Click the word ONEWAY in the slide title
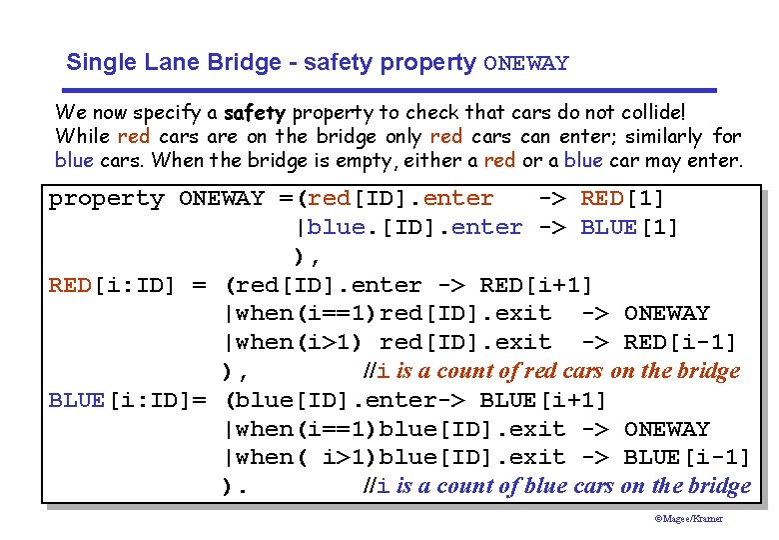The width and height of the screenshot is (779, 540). [x=526, y=64]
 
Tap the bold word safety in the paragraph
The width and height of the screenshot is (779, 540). [x=255, y=112]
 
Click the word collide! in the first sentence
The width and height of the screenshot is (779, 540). [x=650, y=112]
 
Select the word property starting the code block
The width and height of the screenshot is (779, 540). [x=107, y=199]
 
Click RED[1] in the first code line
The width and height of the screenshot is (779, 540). [x=622, y=199]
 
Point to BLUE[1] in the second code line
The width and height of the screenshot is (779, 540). [x=629, y=228]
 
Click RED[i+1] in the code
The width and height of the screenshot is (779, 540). [x=536, y=286]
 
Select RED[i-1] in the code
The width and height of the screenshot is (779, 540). [x=680, y=343]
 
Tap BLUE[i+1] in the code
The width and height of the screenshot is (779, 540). [x=543, y=400]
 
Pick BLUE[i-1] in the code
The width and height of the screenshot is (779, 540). [x=687, y=457]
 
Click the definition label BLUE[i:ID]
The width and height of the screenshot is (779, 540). [x=121, y=400]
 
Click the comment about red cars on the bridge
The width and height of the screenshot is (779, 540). [x=551, y=372]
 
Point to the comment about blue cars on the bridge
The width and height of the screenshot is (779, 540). [x=556, y=486]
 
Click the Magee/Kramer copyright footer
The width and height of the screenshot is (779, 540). [x=689, y=518]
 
